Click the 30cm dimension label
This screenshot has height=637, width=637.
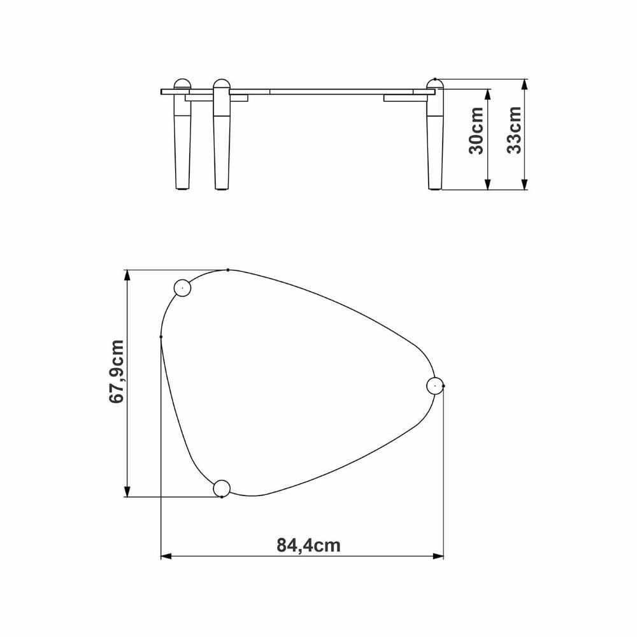476,131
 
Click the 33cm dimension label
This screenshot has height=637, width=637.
513,130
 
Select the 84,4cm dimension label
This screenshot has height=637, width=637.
308,545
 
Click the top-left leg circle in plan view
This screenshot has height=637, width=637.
182,288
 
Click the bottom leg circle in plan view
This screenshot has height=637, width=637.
222,489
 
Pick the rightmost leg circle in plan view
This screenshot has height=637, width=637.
434,385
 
